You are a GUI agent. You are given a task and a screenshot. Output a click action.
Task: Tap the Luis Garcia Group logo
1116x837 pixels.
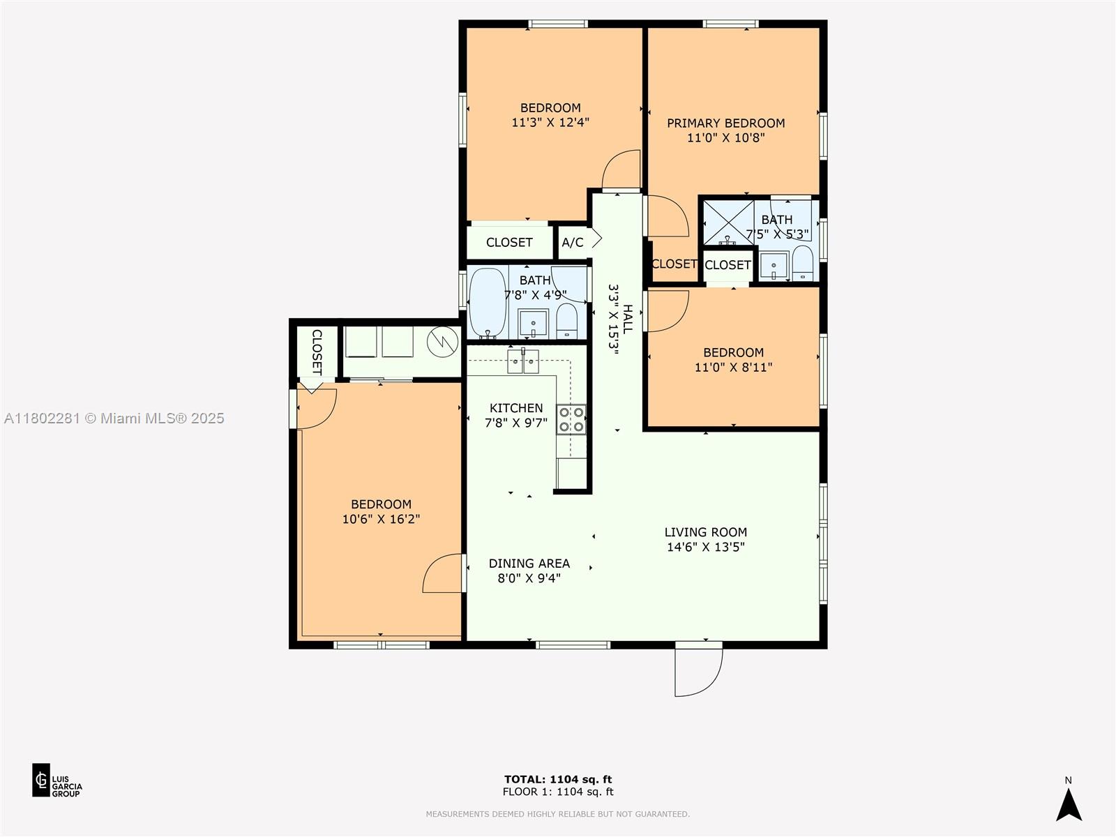[x=57, y=780]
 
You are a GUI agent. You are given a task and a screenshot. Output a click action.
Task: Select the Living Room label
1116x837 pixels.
[x=706, y=532]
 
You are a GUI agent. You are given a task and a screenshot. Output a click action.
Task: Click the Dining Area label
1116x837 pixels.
[x=529, y=563]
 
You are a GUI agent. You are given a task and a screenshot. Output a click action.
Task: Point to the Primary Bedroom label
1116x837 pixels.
[x=725, y=123]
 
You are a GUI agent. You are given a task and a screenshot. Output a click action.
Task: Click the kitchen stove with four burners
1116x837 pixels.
[x=571, y=419]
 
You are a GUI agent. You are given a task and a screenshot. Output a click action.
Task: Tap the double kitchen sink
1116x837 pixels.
[x=522, y=361]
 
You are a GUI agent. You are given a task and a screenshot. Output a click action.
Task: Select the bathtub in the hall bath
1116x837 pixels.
[x=488, y=303]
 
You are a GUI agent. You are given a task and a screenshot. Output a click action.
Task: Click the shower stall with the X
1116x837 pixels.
[x=728, y=223]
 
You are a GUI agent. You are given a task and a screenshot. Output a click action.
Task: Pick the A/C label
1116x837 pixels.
[x=573, y=243]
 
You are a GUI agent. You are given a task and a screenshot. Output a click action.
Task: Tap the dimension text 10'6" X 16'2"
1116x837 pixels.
[x=381, y=519]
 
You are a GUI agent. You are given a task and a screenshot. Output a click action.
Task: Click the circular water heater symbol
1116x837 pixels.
[x=443, y=342]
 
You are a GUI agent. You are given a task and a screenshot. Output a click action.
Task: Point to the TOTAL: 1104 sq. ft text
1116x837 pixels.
[x=558, y=779]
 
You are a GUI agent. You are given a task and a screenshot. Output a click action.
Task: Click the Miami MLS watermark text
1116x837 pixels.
[x=114, y=418]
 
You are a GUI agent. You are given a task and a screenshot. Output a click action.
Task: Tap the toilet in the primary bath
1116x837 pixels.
[x=803, y=263]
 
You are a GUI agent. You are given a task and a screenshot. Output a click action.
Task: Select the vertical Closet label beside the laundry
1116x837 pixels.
[x=317, y=352]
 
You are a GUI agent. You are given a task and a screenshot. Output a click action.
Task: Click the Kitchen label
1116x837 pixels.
[x=516, y=408]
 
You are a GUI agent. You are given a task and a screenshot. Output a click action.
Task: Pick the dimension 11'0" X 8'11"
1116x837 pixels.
[x=733, y=367]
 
